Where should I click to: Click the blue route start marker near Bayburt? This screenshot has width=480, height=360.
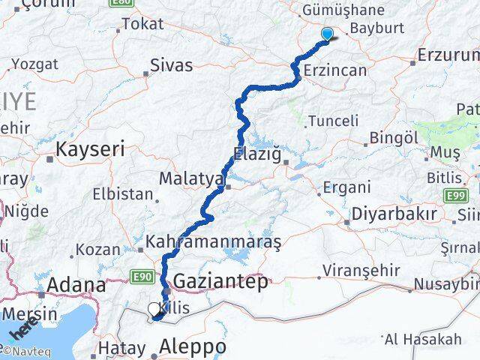(x=327, y=33)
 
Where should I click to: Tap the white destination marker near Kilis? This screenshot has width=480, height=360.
(x=154, y=309)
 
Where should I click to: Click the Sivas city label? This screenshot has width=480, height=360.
(x=171, y=64)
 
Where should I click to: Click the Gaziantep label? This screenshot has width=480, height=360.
(x=220, y=282)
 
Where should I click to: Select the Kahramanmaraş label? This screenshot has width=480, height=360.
(x=213, y=242)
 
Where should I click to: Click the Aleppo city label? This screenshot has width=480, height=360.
(x=193, y=347)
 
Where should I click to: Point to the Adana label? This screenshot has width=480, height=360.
(x=76, y=285)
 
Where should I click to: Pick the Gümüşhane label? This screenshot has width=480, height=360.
(x=352, y=10)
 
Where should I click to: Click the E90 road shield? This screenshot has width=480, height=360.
(x=145, y=277)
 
